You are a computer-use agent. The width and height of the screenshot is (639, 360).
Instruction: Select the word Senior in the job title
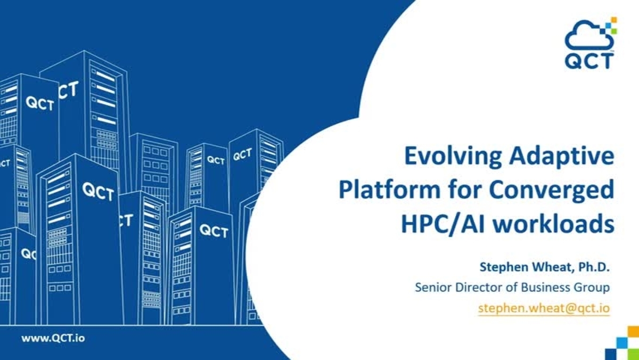coord(432,288)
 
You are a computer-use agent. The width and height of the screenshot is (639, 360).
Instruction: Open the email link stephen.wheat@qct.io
coord(544,308)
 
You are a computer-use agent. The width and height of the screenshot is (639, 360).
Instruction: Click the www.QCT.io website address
coord(52,338)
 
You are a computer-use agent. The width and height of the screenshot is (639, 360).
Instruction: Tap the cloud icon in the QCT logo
coord(587,36)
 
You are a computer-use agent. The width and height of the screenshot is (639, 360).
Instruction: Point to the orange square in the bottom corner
coord(633,332)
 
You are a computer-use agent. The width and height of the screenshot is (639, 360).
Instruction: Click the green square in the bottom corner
coord(621,343)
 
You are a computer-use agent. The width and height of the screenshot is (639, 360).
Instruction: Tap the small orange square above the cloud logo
coord(613,20)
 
